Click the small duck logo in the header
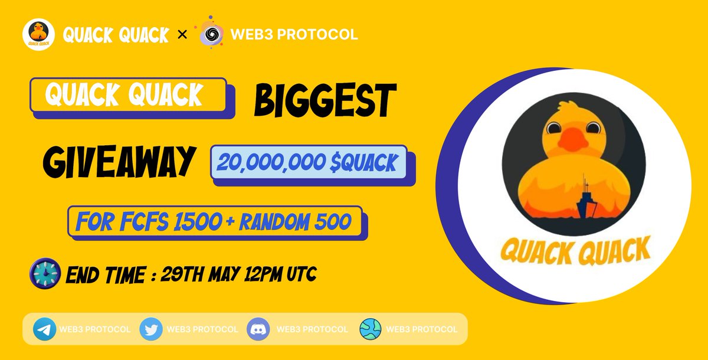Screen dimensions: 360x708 click(x=38, y=35)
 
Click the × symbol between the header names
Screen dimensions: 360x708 click(x=183, y=35)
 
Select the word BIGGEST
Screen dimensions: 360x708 click(x=322, y=100)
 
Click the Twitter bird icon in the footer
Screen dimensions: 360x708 click(x=151, y=329)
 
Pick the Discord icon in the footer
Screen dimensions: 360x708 click(x=258, y=329)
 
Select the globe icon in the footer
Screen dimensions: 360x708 click(x=371, y=329)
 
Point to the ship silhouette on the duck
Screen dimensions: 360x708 click(x=584, y=195)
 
